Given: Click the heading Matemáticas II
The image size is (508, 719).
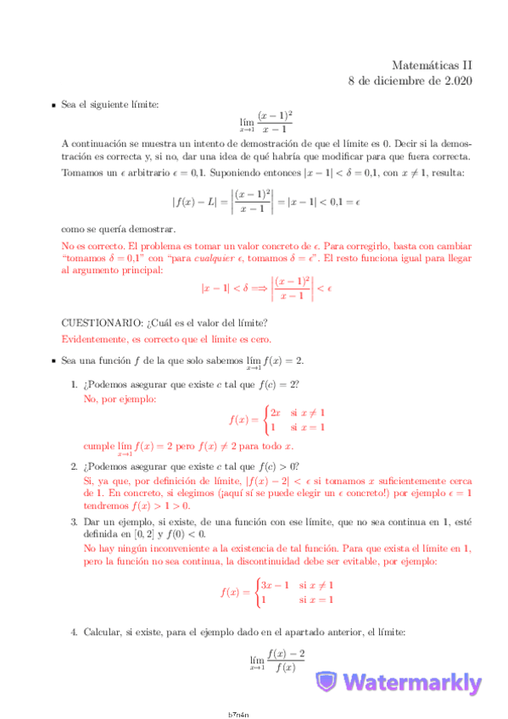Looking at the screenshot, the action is click(432, 64).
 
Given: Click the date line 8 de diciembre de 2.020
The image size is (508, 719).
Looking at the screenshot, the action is click(410, 81).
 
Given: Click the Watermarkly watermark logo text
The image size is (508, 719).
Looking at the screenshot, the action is click(413, 683).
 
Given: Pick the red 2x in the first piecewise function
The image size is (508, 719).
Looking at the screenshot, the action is click(275, 412).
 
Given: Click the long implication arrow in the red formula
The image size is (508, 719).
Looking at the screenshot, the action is click(253, 288).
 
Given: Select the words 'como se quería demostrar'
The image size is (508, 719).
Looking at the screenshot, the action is click(118, 229).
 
